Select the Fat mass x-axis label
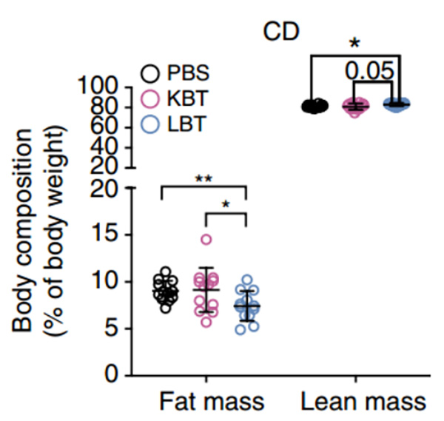tap(212, 402)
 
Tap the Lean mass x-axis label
tap(363, 402)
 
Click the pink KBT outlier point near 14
tap(206, 239)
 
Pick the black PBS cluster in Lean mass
tap(315, 107)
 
